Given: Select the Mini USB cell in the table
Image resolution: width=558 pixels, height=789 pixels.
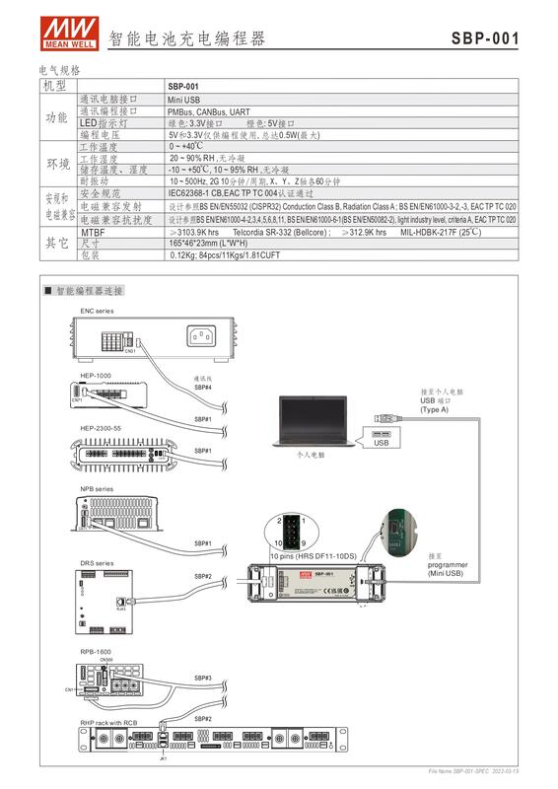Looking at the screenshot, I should [183, 100].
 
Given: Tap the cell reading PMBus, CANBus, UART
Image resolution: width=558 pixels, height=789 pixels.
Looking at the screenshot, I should [207, 111].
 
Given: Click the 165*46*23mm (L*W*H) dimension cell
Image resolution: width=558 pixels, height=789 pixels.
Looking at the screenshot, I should [207, 243].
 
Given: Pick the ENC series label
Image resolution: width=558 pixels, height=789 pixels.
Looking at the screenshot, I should [100, 311].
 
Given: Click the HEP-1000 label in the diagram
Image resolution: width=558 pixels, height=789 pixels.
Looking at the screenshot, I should [95, 376].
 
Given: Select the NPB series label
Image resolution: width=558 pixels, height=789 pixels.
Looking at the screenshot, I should [98, 489].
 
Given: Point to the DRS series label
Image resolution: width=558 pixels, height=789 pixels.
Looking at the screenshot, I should [98, 563].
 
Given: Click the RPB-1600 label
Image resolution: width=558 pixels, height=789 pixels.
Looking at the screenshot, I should [96, 652].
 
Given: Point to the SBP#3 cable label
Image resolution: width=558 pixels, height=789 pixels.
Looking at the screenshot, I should [203, 678].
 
